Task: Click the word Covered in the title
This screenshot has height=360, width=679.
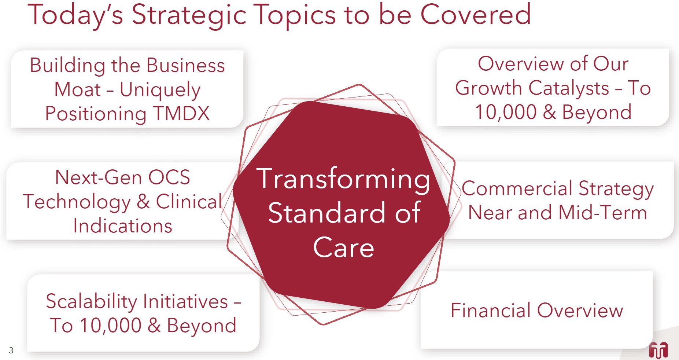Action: click(475, 14)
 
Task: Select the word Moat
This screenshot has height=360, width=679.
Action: click(77, 89)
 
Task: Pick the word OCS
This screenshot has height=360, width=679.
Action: click(169, 177)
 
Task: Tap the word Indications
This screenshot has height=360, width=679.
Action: click(123, 226)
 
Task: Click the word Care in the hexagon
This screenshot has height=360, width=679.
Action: click(343, 247)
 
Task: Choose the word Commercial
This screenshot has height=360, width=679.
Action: click(517, 188)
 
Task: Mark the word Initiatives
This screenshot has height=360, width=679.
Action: click(185, 301)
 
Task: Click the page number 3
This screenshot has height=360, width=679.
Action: click(11, 350)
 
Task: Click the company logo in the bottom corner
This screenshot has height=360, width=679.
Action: click(658, 350)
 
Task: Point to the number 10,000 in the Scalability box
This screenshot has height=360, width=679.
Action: click(110, 326)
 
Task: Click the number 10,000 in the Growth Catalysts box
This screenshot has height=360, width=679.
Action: click(505, 112)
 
